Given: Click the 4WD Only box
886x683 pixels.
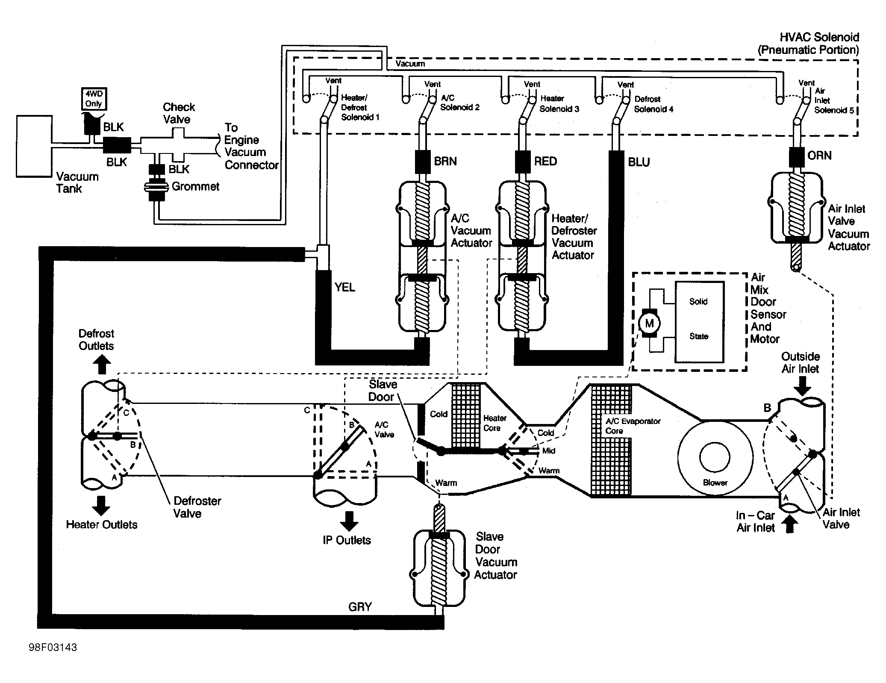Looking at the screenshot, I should point(94,99).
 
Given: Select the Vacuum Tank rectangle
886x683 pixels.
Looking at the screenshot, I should point(34,146).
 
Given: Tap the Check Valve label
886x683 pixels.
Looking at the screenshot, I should point(179,113).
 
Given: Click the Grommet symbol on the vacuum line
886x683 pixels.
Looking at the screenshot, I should point(156,186).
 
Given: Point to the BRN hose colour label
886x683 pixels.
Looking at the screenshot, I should point(445,161).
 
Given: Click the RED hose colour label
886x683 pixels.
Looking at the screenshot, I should point(545,161).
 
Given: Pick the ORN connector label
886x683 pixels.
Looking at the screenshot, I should point(819,155).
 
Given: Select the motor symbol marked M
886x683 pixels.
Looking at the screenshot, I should point(649,323).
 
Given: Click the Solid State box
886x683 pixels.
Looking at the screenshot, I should point(699,322).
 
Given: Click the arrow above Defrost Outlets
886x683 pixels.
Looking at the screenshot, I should point(102,365).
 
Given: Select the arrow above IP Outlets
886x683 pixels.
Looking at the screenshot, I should point(349,520).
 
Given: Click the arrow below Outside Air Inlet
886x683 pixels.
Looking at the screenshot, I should point(802,387).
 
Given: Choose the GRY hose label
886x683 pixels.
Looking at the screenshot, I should point(360,606).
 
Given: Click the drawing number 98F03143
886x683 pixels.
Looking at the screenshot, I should point(53,648).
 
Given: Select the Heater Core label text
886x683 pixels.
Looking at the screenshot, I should point(495,423).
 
